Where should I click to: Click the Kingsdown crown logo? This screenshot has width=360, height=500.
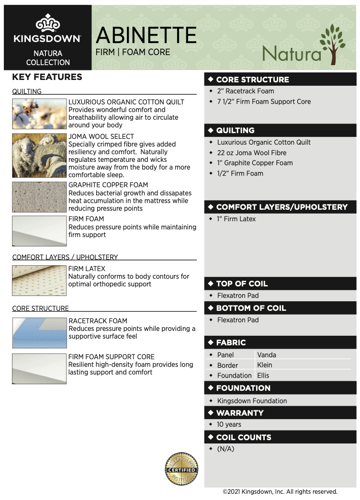[x=47, y=24]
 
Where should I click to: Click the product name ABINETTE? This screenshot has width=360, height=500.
[x=146, y=35]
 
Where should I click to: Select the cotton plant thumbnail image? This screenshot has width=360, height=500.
[x=39, y=114]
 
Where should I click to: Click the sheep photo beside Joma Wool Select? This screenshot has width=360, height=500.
[x=39, y=156]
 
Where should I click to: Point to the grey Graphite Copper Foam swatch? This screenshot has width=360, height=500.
[x=39, y=197]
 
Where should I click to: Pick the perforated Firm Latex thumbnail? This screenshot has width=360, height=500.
[x=39, y=280]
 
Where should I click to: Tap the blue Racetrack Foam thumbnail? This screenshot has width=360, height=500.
[x=39, y=332]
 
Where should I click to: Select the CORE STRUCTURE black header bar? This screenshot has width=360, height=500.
[x=280, y=80]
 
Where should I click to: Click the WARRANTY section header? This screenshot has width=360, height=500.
[x=280, y=413]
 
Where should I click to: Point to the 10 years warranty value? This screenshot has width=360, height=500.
[x=229, y=424]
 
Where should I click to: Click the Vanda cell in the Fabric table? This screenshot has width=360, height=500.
[x=267, y=355]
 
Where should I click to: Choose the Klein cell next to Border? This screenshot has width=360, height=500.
[x=265, y=365]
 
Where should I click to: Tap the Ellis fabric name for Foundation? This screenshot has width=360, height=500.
[x=263, y=375]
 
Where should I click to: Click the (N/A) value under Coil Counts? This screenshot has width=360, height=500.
[x=225, y=449]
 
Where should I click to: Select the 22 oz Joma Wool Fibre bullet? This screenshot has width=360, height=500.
[x=251, y=153]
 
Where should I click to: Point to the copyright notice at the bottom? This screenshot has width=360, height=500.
[x=280, y=491]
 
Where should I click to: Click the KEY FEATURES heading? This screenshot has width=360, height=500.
[x=47, y=77]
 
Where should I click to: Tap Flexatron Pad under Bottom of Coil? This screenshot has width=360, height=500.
[x=237, y=320]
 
